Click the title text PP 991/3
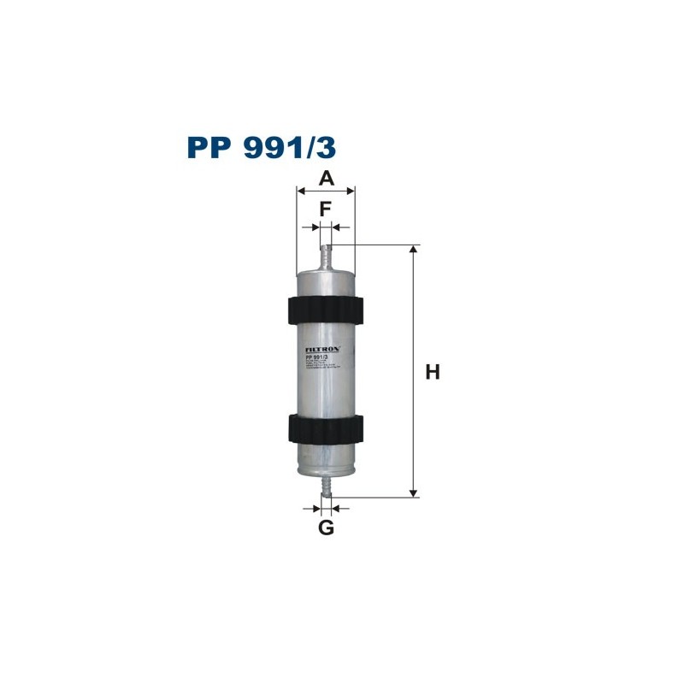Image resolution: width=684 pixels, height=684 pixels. point(262,147)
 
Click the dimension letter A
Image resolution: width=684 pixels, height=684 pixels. point(326,179)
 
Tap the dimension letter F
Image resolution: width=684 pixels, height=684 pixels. point(326,209)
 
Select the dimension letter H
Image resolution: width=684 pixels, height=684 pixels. point(433,372)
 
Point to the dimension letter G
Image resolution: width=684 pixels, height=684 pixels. point(326,528)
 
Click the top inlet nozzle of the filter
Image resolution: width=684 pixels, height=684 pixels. point(325,256)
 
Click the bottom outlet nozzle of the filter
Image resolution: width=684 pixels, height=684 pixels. point(325,486)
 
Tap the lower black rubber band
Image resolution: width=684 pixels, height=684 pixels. point(325,427)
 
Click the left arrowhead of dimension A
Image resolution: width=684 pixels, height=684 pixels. point(300,192)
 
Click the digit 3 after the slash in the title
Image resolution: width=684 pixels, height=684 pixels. point(327,147)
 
